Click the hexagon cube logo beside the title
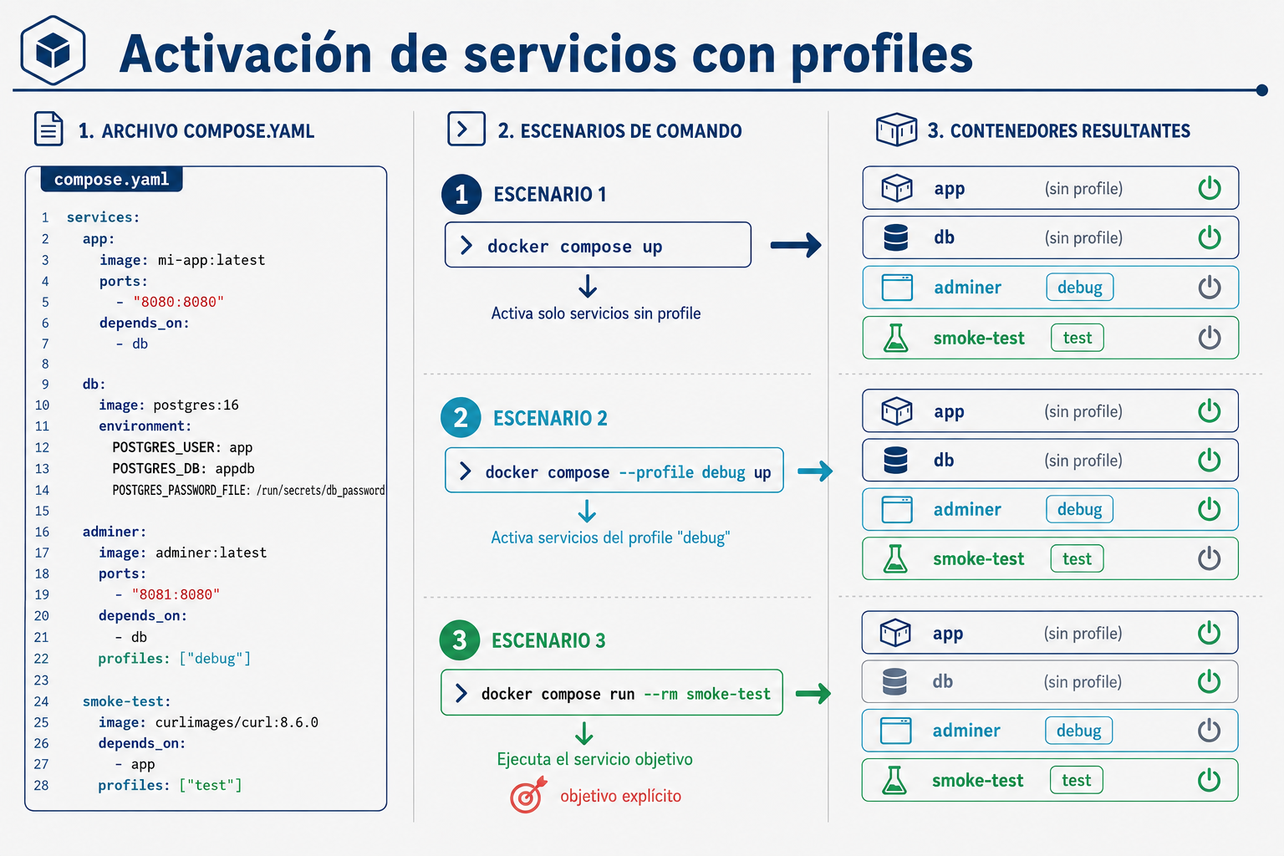pyautogui.click(x=53, y=50)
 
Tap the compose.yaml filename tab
pyautogui.click(x=112, y=180)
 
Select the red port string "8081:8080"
pyautogui.click(x=176, y=594)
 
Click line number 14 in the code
pyautogui.click(x=42, y=490)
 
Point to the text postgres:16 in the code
pyautogui.click(x=196, y=405)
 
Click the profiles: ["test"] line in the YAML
pyautogui.click(x=171, y=785)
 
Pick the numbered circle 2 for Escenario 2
pyautogui.click(x=461, y=417)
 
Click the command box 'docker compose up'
pyautogui.click(x=598, y=245)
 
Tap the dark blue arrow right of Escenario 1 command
pyautogui.click(x=796, y=245)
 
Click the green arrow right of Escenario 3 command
pyautogui.click(x=813, y=693)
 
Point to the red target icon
pyautogui.click(x=528, y=795)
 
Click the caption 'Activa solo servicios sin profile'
pyautogui.click(x=596, y=313)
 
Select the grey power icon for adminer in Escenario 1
pyautogui.click(x=1210, y=288)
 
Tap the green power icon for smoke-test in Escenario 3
pyautogui.click(x=1209, y=780)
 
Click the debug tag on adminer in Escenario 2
pyautogui.click(x=1079, y=509)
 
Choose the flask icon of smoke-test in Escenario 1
pyautogui.click(x=896, y=338)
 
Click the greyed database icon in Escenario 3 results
pyautogui.click(x=894, y=681)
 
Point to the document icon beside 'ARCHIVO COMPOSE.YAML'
pyautogui.click(x=48, y=129)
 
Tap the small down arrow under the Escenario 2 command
pyautogui.click(x=586, y=511)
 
